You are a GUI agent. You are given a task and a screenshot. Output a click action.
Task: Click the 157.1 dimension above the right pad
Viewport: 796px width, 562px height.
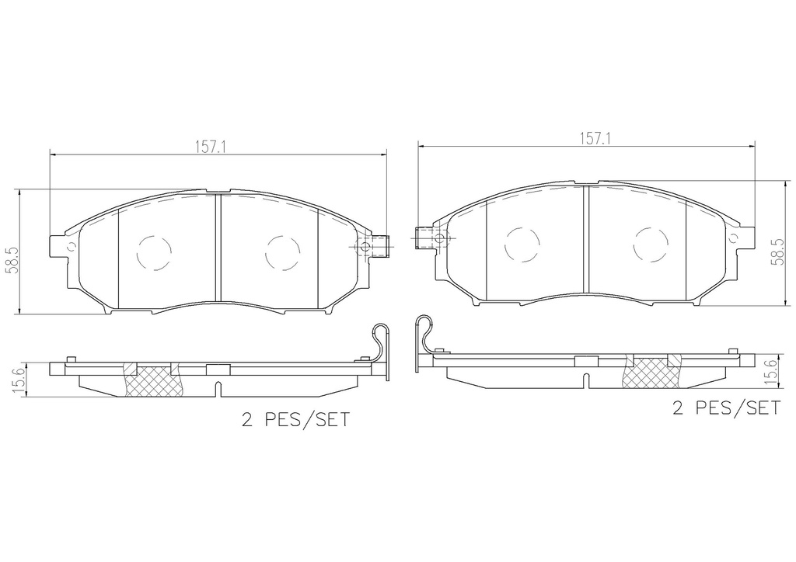(594, 138)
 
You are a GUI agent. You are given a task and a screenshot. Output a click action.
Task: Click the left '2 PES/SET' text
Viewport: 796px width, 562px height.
(296, 420)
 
